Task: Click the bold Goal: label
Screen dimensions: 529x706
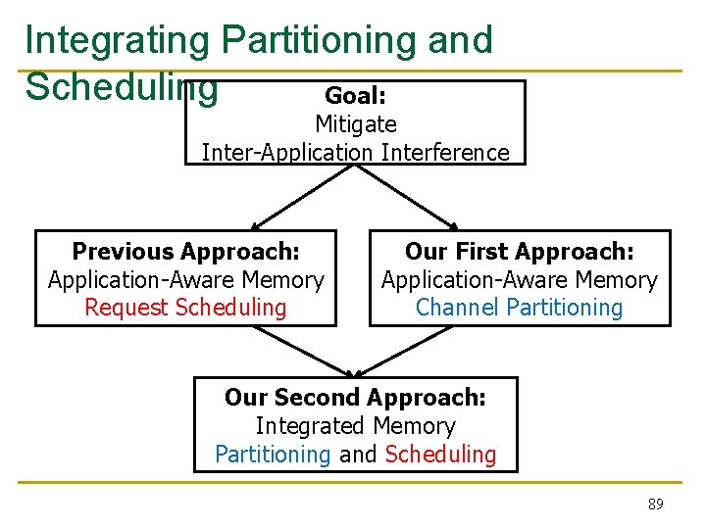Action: [x=355, y=96]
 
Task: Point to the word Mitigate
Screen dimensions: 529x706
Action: [x=355, y=124]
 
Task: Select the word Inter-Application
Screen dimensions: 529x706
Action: [x=287, y=153]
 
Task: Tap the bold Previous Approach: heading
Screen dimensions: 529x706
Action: [x=185, y=252]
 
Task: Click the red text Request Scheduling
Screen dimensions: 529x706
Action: [x=185, y=308]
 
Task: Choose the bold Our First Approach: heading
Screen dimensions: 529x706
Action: [x=519, y=252]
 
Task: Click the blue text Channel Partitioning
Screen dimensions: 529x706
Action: [x=519, y=308]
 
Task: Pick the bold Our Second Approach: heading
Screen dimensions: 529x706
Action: [x=355, y=398]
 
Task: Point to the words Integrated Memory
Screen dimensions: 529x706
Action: [x=355, y=426]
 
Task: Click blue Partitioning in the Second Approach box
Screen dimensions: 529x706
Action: [x=273, y=455]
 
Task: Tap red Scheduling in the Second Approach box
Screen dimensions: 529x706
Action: [x=440, y=455]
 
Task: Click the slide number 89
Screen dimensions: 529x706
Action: [x=655, y=505]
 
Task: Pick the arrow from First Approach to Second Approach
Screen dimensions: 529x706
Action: [x=412, y=351]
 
